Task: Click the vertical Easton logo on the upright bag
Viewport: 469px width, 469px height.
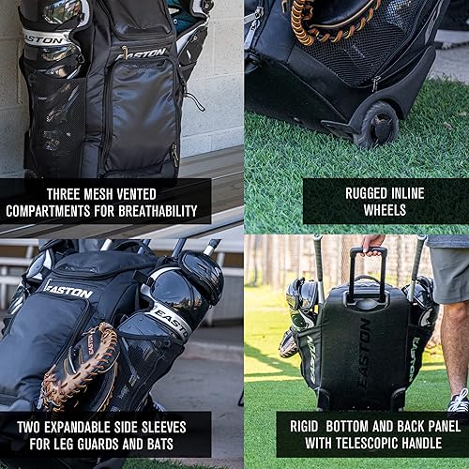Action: [364, 352]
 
